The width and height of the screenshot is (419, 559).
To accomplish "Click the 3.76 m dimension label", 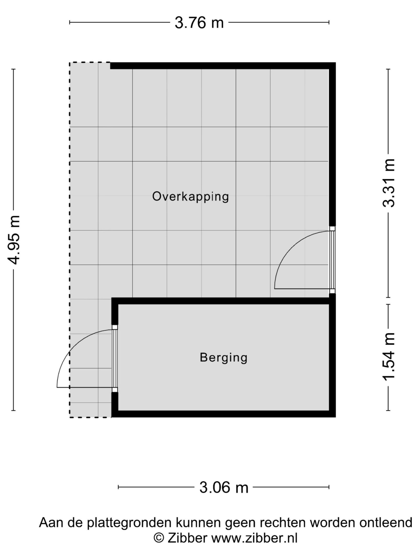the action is pyautogui.click(x=199, y=23).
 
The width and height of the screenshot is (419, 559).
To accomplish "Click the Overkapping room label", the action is pyautogui.click(x=191, y=197).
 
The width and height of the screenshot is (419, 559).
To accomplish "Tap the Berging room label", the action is pyautogui.click(x=224, y=357).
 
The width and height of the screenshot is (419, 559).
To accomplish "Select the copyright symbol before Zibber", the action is pyautogui.click(x=159, y=538).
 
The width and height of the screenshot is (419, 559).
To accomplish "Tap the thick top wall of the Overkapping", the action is pyautogui.click(x=223, y=66).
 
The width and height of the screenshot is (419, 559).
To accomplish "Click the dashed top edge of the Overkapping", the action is pyautogui.click(x=90, y=62).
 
